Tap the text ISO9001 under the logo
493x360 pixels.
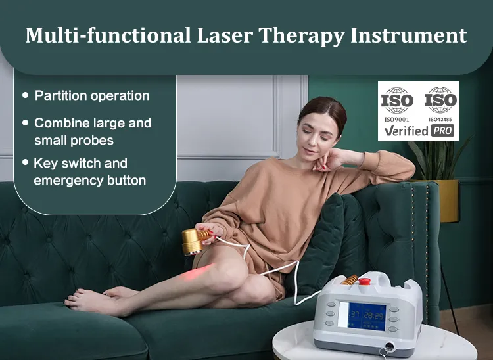[x=397, y=119]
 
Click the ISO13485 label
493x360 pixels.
[x=440, y=119]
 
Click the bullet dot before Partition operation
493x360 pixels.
[x=26, y=95]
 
